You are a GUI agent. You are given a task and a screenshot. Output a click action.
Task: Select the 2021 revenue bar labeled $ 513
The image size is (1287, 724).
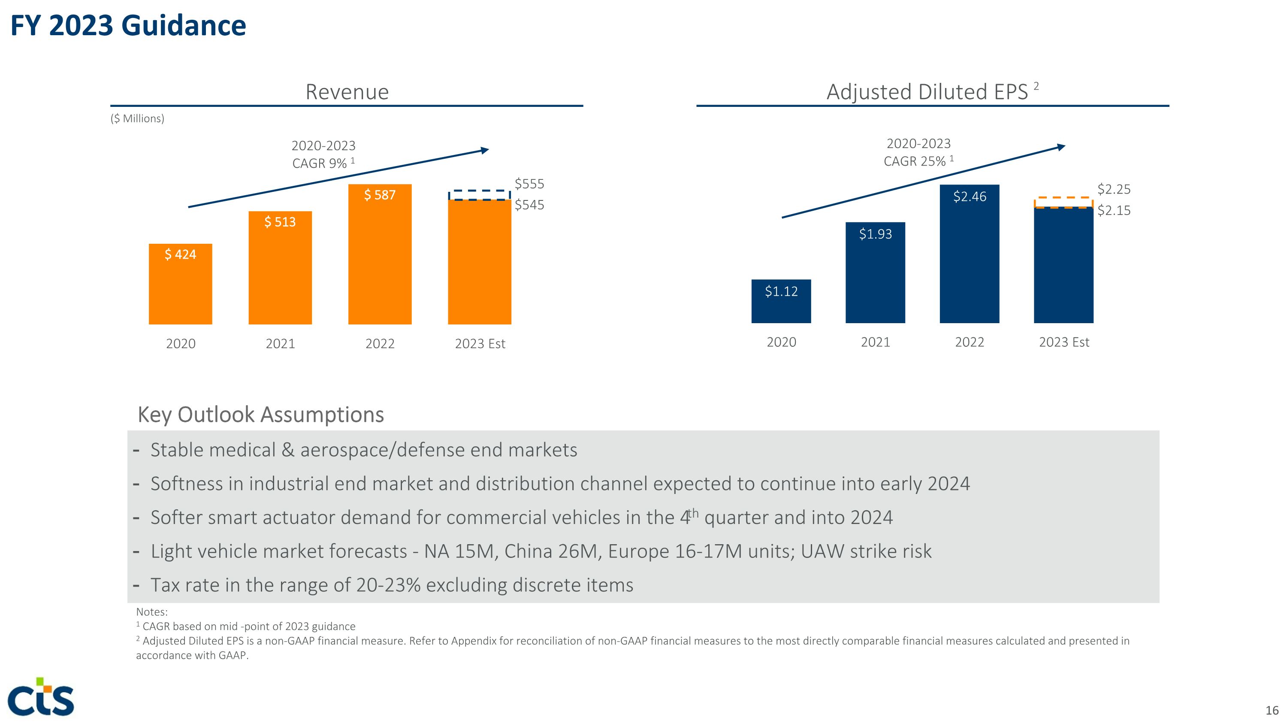(x=280, y=268)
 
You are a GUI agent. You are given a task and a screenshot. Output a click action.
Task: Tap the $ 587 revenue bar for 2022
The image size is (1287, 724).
(x=380, y=254)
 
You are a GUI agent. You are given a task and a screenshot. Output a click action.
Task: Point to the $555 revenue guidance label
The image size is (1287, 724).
(x=529, y=184)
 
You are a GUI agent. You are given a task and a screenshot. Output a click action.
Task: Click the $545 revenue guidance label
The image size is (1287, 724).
(x=529, y=205)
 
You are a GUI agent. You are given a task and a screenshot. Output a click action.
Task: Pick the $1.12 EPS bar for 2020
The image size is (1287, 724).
(x=781, y=301)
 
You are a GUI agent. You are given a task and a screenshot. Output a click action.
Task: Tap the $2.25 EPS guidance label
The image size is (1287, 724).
(x=1114, y=189)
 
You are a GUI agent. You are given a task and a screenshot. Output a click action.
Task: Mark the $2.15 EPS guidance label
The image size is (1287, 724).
(x=1114, y=210)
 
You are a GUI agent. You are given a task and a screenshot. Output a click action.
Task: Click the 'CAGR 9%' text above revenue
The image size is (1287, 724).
(x=320, y=164)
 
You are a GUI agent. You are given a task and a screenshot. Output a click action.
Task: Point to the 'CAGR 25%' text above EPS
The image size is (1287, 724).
(x=915, y=161)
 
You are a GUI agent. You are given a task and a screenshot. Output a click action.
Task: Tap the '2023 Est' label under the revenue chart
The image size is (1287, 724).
(x=480, y=344)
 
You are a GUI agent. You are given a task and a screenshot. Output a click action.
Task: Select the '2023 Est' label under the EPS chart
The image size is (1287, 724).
(x=1063, y=342)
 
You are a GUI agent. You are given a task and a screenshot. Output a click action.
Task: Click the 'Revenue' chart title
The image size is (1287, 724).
(x=347, y=92)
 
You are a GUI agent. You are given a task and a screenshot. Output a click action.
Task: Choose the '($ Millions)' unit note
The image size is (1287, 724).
(x=137, y=118)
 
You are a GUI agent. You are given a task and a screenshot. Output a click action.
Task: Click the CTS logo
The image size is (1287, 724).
(x=41, y=697)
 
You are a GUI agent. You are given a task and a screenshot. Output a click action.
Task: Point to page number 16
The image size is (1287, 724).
(x=1272, y=710)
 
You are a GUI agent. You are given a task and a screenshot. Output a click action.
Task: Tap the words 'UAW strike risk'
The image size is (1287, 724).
(x=866, y=551)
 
